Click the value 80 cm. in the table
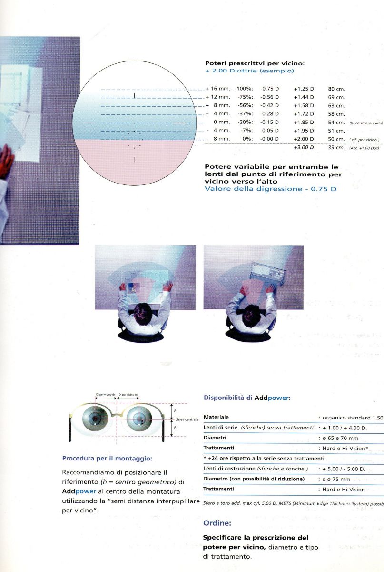336,89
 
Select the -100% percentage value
243,89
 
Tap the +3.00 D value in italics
304,148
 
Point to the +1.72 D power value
304,114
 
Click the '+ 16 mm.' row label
218,89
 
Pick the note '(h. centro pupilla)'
366,123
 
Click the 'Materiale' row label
216,418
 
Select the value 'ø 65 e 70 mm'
338,438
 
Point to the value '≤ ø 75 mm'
336,479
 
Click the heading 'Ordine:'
217,523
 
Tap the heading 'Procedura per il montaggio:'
107,459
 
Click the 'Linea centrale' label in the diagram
187,419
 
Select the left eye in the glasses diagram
95,418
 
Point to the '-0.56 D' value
270,97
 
